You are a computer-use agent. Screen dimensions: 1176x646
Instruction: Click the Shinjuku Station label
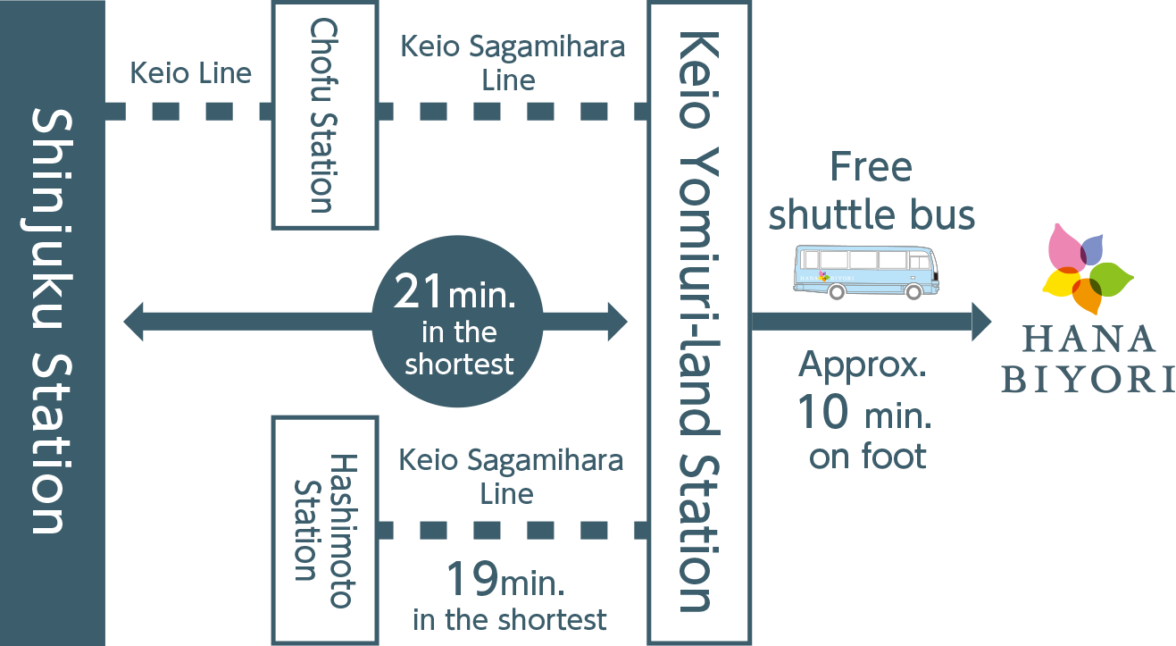52,322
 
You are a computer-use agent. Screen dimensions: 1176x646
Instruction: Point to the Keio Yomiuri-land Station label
699,322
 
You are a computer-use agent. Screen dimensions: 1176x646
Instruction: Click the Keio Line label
190,72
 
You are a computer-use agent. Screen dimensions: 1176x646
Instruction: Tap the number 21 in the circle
418,290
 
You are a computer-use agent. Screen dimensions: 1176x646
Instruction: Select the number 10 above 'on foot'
822,411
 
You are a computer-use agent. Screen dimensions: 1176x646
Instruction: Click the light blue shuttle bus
866,272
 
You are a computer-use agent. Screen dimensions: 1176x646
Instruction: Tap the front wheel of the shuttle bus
913,291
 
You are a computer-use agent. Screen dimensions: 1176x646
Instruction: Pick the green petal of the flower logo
1111,279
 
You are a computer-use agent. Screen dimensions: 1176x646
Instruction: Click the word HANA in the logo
1088,339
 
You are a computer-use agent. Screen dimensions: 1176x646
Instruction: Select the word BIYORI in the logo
1088,379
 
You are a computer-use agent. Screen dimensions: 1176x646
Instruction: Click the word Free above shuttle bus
871,167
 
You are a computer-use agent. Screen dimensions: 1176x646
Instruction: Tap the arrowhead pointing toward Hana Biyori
981,322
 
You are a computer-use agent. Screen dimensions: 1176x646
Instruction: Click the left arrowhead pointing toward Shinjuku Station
133,322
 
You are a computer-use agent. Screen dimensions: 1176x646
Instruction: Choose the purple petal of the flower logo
1092,250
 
